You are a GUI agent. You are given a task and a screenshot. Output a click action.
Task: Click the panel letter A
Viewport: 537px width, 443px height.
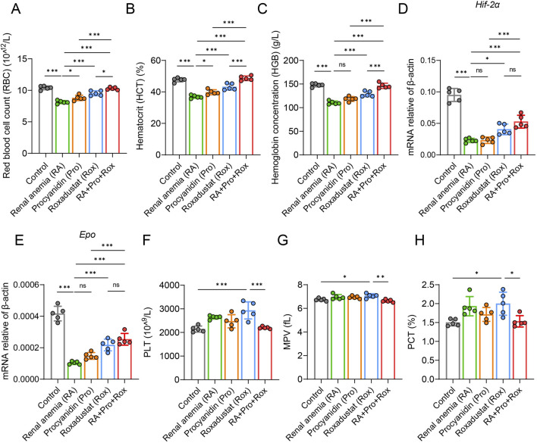15,8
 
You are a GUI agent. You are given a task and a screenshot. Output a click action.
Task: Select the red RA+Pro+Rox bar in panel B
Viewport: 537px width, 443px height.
247,116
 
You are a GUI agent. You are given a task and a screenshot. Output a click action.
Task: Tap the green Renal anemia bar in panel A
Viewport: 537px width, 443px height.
62,127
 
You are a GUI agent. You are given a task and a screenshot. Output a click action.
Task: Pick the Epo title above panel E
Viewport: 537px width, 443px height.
87,235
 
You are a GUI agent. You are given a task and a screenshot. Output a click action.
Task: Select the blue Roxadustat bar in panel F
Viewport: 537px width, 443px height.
248,345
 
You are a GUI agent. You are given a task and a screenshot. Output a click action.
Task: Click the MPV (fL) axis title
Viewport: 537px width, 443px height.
287,332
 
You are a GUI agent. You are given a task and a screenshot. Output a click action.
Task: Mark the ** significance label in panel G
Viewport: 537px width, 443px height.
380,277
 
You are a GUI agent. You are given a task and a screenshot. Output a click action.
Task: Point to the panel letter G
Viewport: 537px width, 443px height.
283,240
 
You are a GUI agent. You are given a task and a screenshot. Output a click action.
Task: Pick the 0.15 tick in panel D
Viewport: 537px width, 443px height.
433,61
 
